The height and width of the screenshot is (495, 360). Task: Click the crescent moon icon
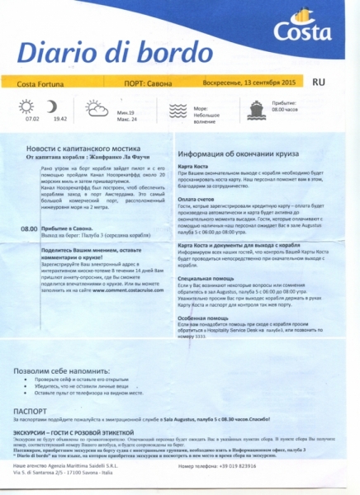coord(53,106)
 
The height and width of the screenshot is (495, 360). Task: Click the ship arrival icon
coord(256,108)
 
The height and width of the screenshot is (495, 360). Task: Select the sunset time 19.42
coord(60,119)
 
